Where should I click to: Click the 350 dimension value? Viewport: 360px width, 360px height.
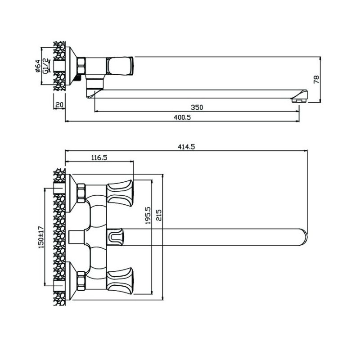point(197,107)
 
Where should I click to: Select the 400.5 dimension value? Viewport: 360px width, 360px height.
point(182,117)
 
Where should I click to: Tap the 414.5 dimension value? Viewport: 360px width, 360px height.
point(186,147)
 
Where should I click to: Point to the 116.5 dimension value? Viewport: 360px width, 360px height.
point(99,157)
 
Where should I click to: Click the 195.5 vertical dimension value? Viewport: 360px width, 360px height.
point(148,215)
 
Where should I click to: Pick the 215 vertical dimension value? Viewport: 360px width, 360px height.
point(159,215)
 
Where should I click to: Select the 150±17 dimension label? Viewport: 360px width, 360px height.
point(41,237)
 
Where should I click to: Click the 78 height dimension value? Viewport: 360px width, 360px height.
point(316,79)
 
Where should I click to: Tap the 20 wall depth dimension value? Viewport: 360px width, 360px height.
point(59,105)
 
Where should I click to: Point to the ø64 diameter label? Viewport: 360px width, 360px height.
point(38,66)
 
